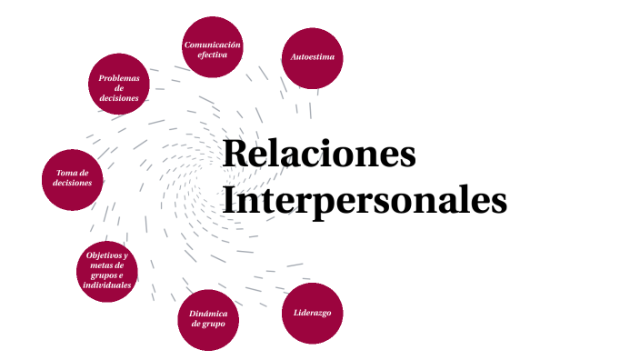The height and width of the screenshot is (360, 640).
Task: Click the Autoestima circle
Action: [x=313, y=57]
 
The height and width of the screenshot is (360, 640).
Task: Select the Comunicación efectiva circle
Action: [x=212, y=47]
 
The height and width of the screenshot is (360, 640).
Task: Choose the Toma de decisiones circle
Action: [x=73, y=179]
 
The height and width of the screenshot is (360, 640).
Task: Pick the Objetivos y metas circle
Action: [x=107, y=270]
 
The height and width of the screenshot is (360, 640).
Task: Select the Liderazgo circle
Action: [x=312, y=314]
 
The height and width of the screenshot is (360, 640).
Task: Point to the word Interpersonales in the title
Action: [x=365, y=200]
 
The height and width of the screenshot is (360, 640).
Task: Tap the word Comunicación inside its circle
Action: [x=212, y=44]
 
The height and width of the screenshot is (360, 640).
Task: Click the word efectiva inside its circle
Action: [x=212, y=55]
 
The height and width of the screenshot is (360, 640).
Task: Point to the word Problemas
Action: [x=119, y=78]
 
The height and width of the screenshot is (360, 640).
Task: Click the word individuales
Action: [x=107, y=285]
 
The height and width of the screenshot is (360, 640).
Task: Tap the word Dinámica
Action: [x=208, y=314]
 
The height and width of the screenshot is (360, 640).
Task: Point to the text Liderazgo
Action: [x=312, y=313]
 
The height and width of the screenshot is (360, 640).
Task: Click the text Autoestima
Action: [x=313, y=57]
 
